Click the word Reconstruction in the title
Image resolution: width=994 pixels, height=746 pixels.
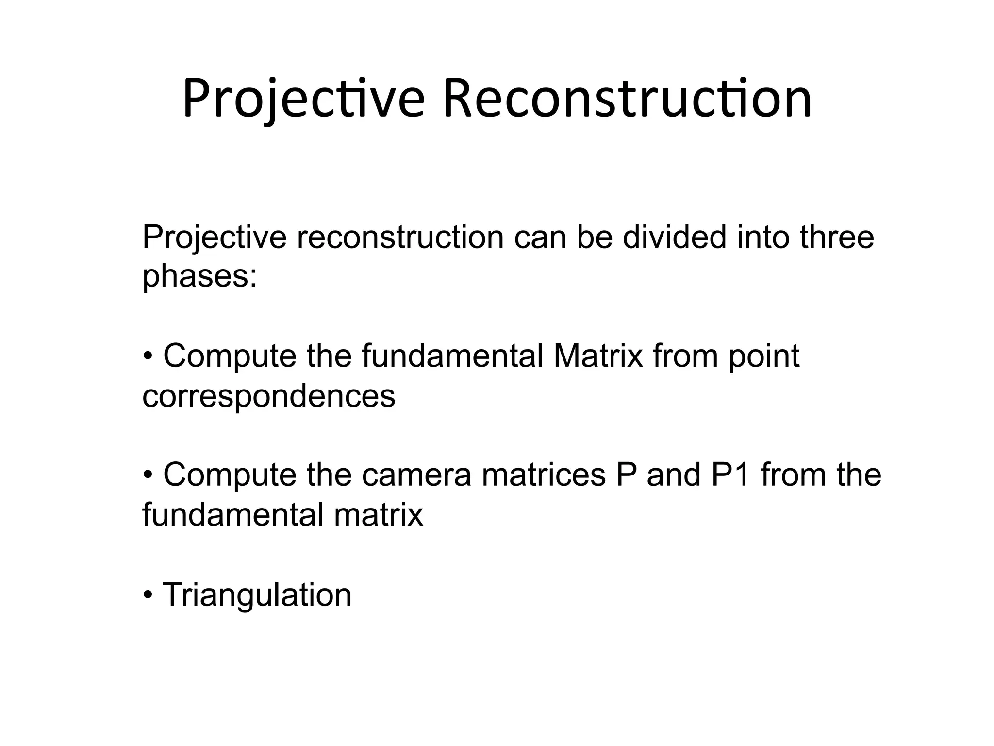pos(627,100)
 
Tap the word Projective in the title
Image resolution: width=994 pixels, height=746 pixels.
pos(304,100)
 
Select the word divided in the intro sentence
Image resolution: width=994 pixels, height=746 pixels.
pos(675,237)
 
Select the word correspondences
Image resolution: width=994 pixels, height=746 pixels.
pos(269,396)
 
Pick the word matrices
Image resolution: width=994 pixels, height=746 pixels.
pos(544,475)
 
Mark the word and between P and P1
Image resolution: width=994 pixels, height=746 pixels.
pos(673,475)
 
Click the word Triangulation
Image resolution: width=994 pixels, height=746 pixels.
pos(257,594)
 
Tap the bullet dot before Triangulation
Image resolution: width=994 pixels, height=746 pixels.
pos(148,595)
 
